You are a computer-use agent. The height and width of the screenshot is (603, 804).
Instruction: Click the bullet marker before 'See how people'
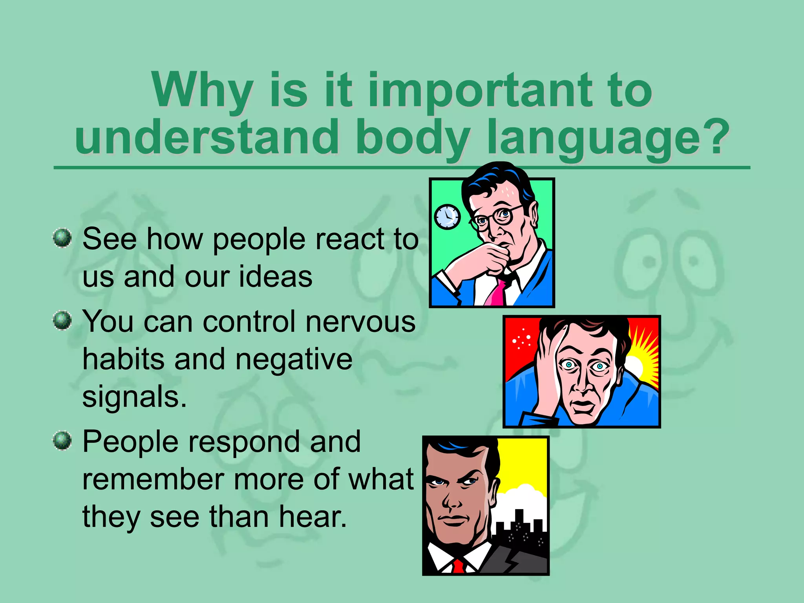(x=62, y=238)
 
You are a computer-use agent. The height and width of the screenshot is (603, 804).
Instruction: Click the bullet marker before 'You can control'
(x=62, y=320)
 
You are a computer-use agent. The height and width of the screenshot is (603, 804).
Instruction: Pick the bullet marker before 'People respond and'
(x=62, y=440)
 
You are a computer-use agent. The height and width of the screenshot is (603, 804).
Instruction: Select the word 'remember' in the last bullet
(x=153, y=480)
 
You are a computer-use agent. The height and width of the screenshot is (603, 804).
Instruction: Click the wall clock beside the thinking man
(x=447, y=217)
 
